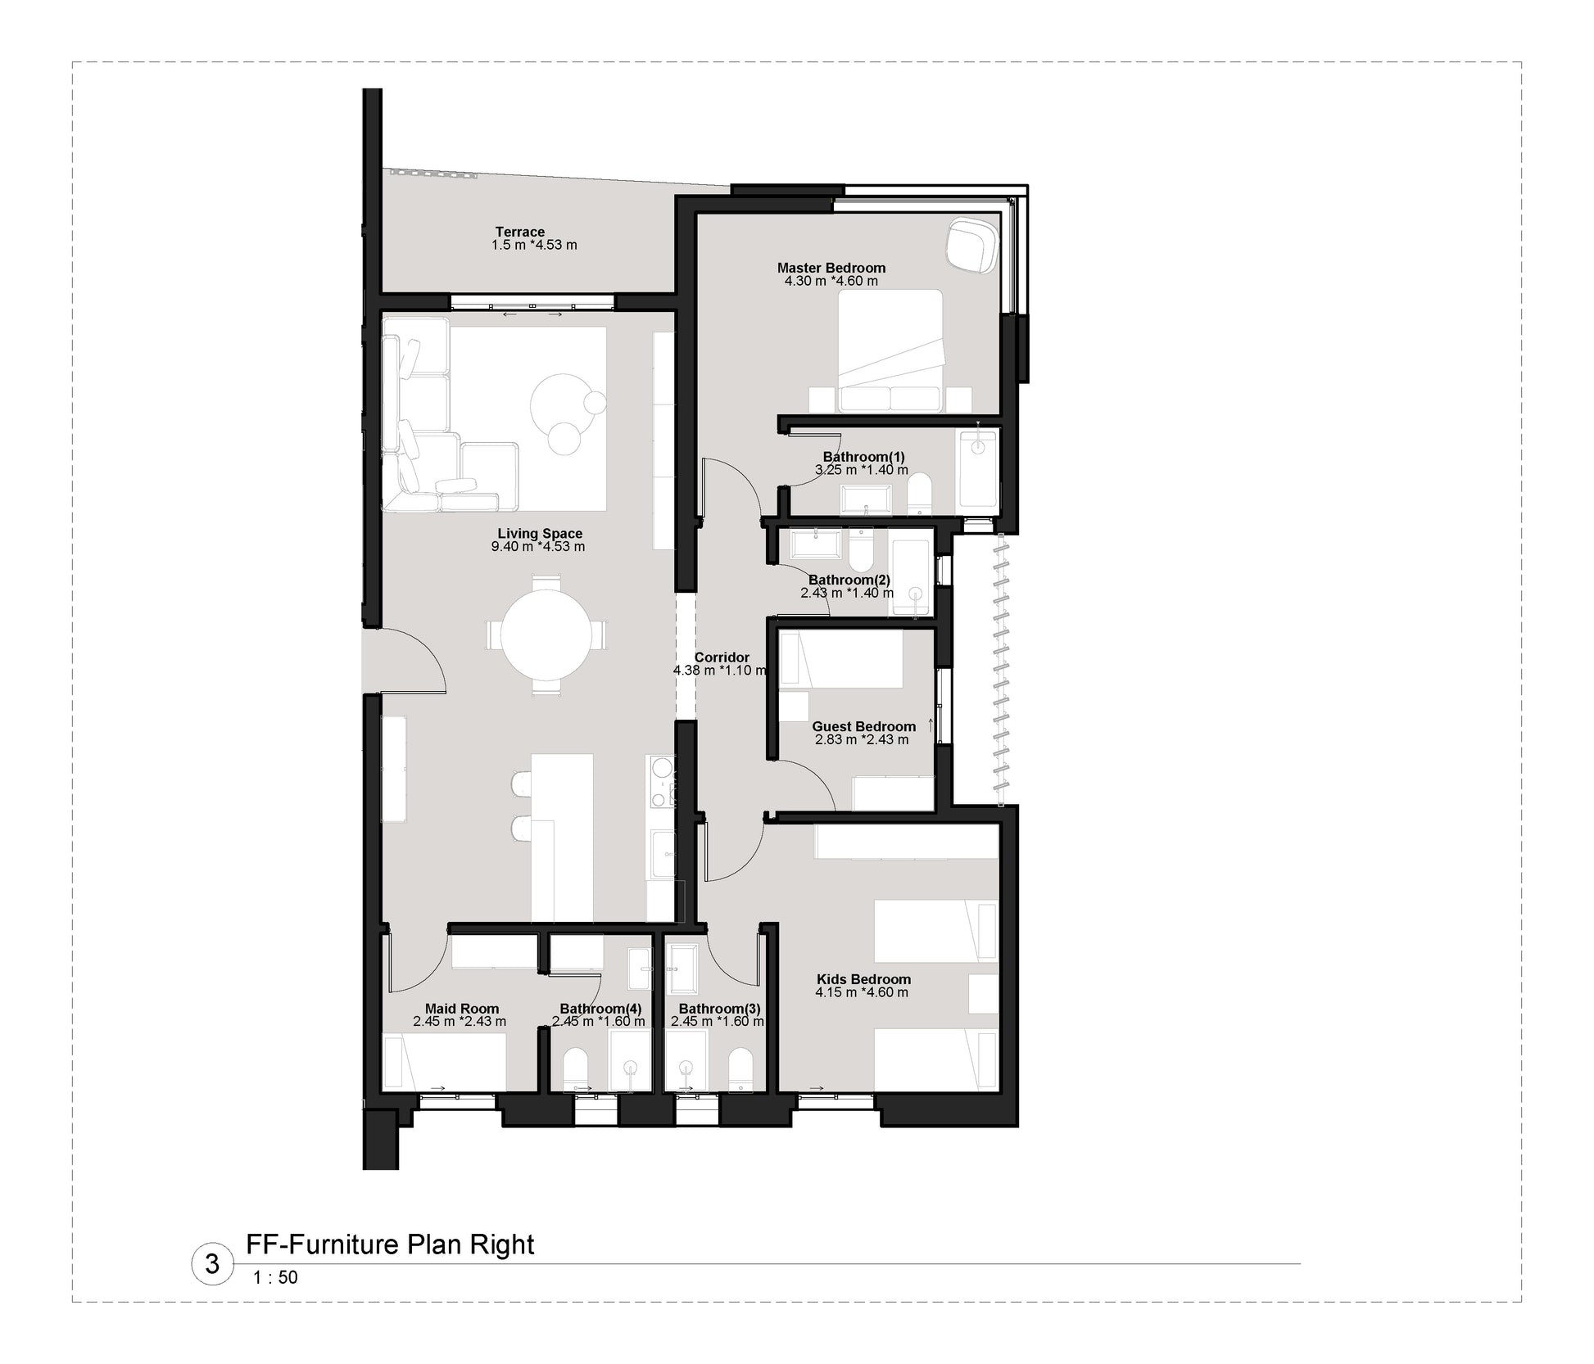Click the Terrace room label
click(x=520, y=232)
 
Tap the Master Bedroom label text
click(x=831, y=268)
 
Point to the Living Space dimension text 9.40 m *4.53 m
click(x=538, y=546)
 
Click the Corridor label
click(x=722, y=657)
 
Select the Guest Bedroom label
click(x=863, y=726)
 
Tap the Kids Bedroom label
click(x=863, y=979)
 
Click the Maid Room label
click(x=462, y=1009)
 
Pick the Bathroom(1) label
click(x=864, y=457)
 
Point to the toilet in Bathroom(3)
click(x=740, y=1069)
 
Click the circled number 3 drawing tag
click(x=212, y=1264)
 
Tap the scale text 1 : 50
click(x=275, y=1277)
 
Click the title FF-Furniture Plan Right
click(x=390, y=1244)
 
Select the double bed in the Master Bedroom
click(x=890, y=350)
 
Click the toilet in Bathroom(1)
click(x=919, y=493)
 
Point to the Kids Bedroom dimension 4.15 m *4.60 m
click(x=862, y=992)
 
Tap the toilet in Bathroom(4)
click(x=575, y=1069)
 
